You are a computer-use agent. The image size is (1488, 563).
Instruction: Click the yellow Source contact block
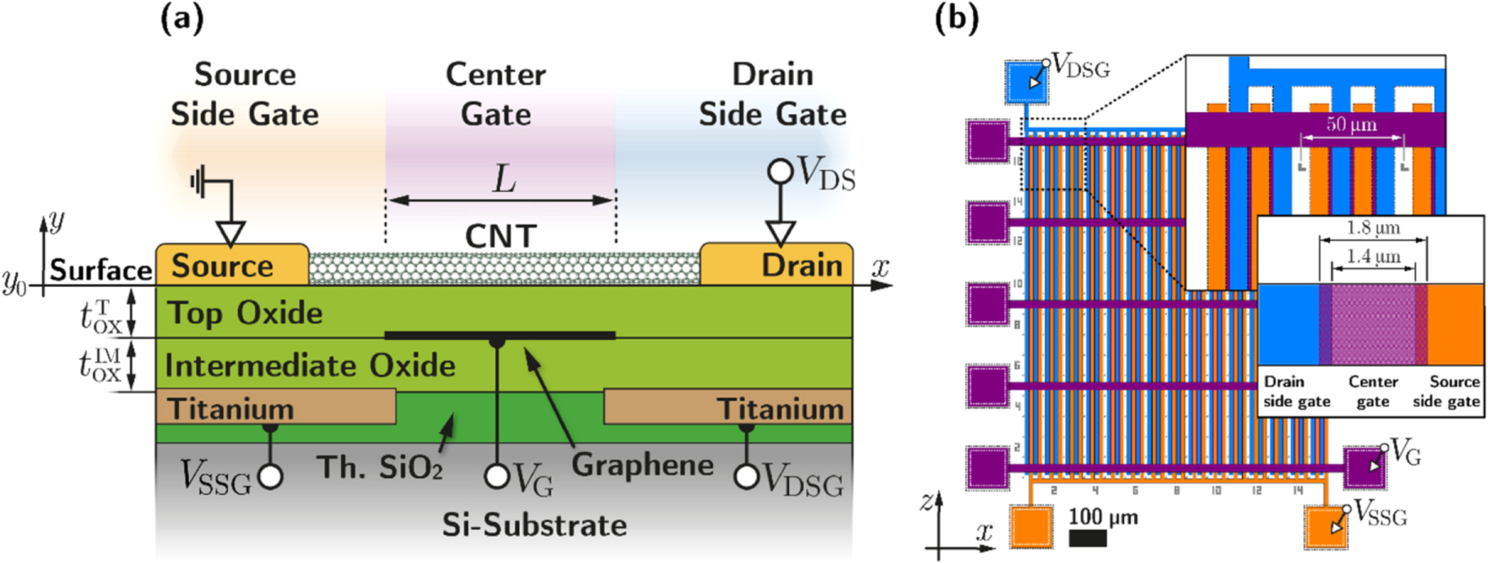pos(231,265)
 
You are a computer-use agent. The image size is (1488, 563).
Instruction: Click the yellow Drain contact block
pos(777,265)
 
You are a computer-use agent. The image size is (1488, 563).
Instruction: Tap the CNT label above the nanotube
pos(500,236)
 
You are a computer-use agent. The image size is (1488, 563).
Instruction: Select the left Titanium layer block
pos(275,408)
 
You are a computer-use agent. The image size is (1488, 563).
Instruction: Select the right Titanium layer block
pos(728,408)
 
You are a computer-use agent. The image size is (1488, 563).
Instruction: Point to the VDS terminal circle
pos(780,172)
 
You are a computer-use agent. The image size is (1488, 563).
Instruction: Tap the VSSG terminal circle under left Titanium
pos(271,476)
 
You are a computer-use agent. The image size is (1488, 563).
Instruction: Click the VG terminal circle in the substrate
pos(497,476)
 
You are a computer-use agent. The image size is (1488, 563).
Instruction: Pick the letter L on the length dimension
pos(504,179)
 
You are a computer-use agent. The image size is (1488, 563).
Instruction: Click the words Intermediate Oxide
pos(310,365)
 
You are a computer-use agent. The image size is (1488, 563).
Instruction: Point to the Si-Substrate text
pos(534,525)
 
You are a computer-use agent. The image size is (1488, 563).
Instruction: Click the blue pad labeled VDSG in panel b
pos(1025,81)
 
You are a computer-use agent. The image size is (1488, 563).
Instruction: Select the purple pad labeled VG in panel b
pos(1364,468)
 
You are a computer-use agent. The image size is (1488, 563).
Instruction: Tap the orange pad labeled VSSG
pos(1325,526)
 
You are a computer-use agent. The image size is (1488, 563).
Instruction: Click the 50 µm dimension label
pos(1351,125)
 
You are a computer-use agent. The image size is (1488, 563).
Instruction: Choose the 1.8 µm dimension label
pos(1373,228)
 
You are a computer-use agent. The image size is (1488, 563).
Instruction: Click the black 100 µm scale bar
pos(1087,538)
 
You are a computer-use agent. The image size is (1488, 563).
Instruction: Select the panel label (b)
pos(956,18)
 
